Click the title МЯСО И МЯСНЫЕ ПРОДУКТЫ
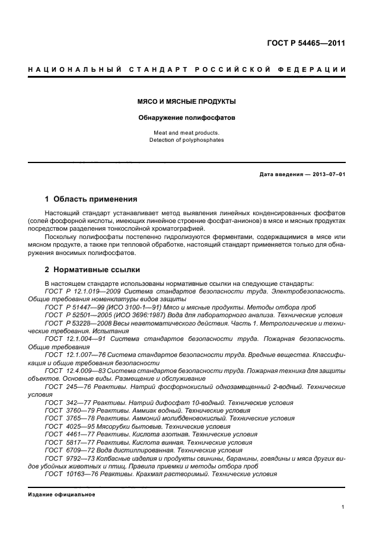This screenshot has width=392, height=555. [x=187, y=101]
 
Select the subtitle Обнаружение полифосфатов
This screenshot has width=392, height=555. [x=187, y=117]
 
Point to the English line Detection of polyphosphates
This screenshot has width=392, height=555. [x=187, y=140]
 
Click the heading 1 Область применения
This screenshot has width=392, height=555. [x=91, y=199]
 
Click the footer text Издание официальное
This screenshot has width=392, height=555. [x=62, y=494]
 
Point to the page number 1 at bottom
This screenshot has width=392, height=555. [x=343, y=507]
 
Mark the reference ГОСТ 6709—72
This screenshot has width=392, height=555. [x=65, y=449]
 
